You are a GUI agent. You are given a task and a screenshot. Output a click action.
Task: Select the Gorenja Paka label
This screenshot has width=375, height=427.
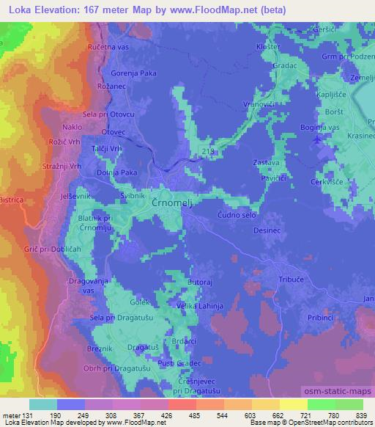tap(134, 74)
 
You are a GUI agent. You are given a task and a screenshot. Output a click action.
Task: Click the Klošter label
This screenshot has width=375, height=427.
tap(267, 47)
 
